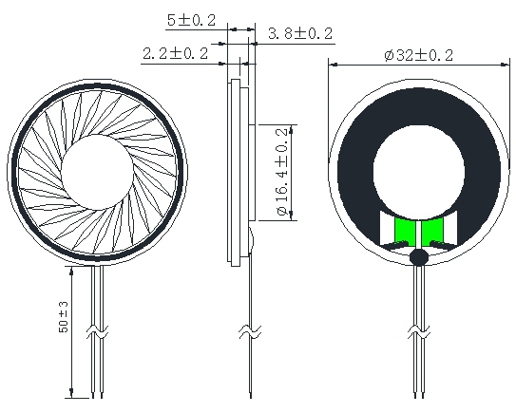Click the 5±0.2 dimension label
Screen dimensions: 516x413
(192, 20)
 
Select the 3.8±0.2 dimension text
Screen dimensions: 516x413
(300, 33)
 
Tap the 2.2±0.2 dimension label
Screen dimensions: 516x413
(176, 53)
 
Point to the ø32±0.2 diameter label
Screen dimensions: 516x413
(418, 55)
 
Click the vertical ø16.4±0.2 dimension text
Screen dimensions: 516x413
(283, 172)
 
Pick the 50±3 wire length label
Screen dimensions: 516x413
(64, 317)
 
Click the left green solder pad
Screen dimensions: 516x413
(404, 232)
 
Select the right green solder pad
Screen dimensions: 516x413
(432, 232)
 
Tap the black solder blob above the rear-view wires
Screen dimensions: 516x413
(418, 256)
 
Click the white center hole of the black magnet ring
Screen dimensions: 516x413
(419, 172)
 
